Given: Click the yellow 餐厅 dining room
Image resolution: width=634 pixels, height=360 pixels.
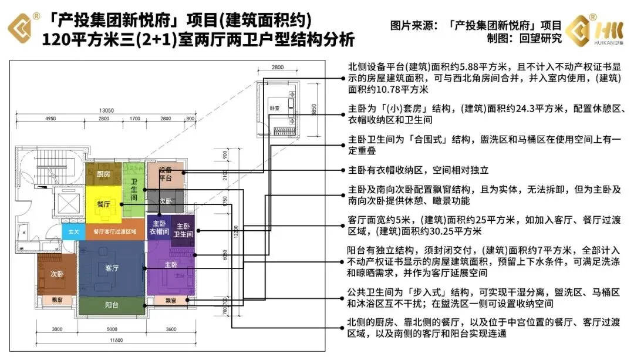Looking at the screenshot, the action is [x=104, y=204].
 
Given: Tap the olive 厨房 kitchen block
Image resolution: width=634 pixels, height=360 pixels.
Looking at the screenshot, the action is [x=103, y=174].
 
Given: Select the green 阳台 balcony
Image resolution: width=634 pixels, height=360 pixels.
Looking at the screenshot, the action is [x=112, y=305].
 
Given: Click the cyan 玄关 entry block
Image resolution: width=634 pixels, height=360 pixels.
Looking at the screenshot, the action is [x=73, y=231].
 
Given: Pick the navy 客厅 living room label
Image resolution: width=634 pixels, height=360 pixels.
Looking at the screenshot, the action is [x=112, y=268].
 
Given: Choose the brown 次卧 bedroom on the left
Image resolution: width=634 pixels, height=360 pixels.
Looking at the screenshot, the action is [x=56, y=273].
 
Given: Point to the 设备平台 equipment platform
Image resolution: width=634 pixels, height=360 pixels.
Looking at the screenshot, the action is [x=165, y=174].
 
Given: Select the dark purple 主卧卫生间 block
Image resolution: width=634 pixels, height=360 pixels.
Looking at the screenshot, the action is [x=183, y=230].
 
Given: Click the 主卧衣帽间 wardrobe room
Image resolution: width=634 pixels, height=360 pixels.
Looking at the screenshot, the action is [x=158, y=228].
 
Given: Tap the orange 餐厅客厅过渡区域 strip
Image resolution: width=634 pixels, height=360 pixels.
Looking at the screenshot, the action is [x=115, y=231].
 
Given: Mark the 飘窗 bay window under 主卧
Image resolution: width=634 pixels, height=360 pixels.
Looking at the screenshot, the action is [x=171, y=301].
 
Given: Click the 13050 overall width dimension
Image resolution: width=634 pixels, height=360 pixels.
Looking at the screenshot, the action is [x=106, y=110].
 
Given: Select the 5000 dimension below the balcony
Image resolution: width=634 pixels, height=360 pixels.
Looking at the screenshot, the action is [x=112, y=329].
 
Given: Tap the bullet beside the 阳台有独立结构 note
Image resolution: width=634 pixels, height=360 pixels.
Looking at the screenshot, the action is [x=343, y=259].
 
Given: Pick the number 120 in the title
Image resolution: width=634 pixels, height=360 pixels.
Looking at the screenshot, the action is [x=55, y=42].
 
